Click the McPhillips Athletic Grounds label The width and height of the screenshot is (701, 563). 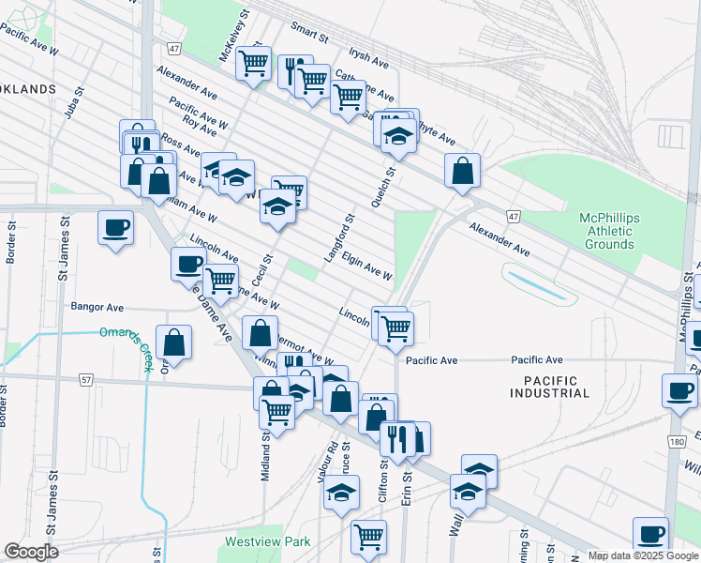click(x=609, y=231)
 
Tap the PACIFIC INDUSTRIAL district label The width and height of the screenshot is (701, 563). click(x=551, y=386)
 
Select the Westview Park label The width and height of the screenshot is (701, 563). click(x=267, y=542)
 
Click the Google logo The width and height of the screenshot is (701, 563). click(x=31, y=552)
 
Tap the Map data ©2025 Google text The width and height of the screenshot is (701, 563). click(x=643, y=555)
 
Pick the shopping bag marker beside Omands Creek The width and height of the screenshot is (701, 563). click(x=174, y=342)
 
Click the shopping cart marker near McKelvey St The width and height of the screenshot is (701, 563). click(x=253, y=64)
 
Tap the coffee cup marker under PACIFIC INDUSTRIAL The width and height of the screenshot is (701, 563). click(x=679, y=390)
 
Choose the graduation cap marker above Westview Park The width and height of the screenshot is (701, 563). click(x=342, y=492)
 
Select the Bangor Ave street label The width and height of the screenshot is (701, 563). click(x=97, y=307)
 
